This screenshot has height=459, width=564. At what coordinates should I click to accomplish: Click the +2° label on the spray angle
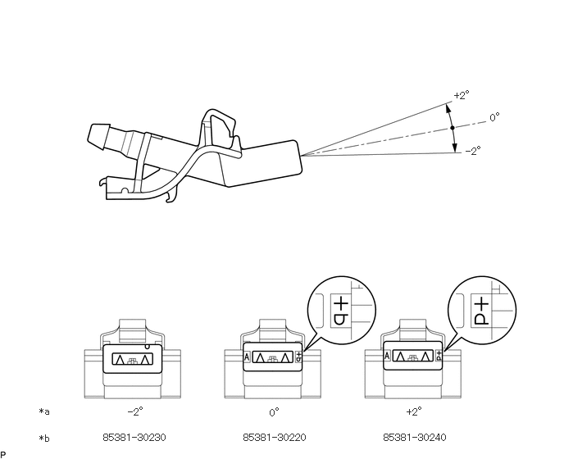(462, 95)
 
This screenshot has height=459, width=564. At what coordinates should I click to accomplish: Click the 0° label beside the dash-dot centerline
(494, 117)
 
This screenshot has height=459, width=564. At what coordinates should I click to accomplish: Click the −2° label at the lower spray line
(473, 151)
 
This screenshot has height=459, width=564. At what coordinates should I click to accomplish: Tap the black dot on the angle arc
(453, 128)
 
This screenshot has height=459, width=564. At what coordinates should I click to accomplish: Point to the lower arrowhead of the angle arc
(455, 148)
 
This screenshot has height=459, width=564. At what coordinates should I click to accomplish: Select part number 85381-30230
(134, 438)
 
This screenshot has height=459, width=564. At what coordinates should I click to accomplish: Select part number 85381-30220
(275, 438)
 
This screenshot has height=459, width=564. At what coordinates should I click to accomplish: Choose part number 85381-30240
(415, 438)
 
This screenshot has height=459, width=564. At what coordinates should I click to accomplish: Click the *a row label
(44, 411)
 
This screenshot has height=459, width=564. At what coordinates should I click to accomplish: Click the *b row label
(44, 439)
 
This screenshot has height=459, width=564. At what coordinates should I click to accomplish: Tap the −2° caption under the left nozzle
(135, 411)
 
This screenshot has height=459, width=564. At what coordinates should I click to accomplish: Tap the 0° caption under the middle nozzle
(274, 412)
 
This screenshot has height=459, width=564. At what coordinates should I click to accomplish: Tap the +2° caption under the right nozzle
(414, 411)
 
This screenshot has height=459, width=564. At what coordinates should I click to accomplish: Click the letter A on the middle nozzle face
(247, 357)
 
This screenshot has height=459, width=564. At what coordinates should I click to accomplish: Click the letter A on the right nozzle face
(387, 356)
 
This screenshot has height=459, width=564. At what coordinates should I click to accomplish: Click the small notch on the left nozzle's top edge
(147, 347)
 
